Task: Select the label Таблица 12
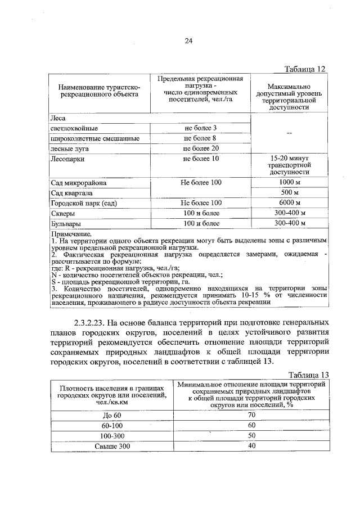pos(305,69)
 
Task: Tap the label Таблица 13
pos(307,375)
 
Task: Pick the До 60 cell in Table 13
pos(112,415)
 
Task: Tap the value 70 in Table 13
pos(251,415)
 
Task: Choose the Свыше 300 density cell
pos(112,446)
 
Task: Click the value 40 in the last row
pos(251,446)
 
